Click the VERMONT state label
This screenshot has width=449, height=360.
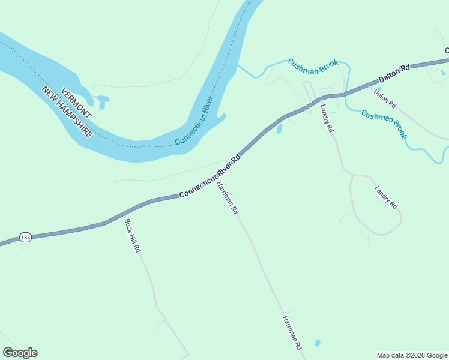(76, 97)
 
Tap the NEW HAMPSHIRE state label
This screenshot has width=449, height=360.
(67, 112)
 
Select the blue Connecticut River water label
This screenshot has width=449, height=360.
(194, 120)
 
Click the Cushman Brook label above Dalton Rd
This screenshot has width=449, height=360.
(313, 65)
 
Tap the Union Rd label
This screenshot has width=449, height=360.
(385, 98)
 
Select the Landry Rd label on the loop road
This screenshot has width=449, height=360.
(386, 197)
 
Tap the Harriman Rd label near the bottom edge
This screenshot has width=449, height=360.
(292, 333)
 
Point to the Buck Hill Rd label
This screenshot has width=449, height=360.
(132, 235)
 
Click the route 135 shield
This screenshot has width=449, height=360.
(25, 237)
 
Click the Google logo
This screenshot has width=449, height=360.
(20, 353)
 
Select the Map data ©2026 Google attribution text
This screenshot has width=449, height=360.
(412, 355)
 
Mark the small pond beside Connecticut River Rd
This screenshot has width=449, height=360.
(279, 128)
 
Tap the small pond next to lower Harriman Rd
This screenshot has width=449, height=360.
(317, 343)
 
